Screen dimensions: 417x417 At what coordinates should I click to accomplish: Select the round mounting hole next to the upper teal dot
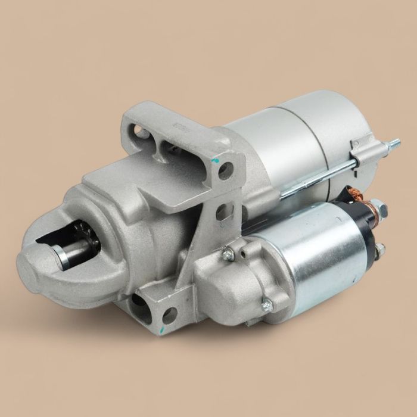coord(225,171)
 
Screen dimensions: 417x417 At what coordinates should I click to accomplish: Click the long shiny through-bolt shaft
coord(322,176)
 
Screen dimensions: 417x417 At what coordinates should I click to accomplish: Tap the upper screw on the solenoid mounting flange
coord(227,254)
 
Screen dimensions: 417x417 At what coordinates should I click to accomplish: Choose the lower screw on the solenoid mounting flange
coord(267,306)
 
